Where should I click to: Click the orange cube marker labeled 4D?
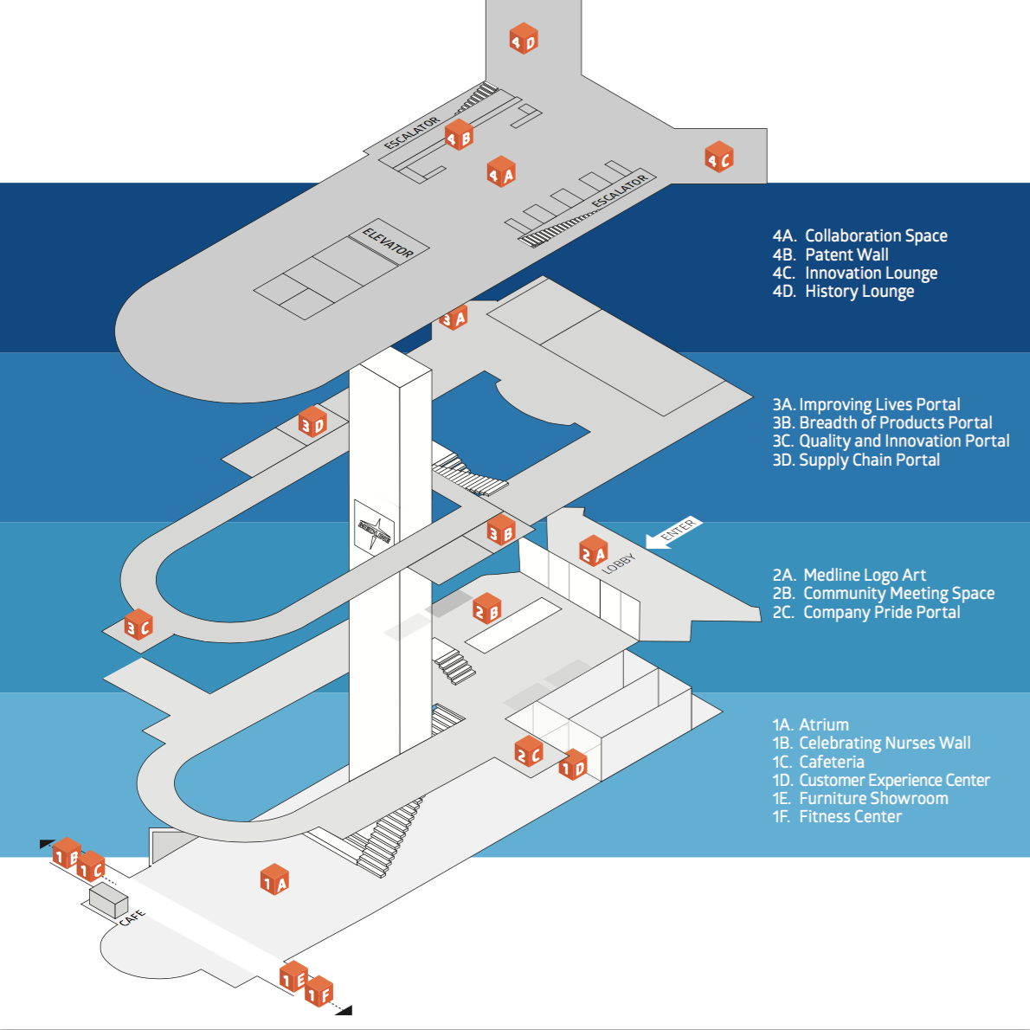(524, 38)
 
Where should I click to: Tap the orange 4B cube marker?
(459, 135)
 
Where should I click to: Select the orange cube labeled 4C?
(719, 157)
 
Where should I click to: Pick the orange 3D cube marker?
(312, 422)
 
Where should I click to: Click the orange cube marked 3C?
(138, 625)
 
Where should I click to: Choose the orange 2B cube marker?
(486, 609)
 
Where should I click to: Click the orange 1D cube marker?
(573, 764)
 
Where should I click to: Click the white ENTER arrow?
(673, 531)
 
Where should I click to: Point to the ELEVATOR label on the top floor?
(389, 242)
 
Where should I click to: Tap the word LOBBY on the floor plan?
(619, 563)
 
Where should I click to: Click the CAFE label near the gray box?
(132, 917)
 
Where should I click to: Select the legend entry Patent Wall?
(847, 254)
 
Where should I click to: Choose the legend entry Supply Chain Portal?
(869, 460)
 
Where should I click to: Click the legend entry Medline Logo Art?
(865, 576)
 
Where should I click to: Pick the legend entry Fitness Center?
(850, 816)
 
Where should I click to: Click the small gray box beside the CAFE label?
(108, 900)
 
